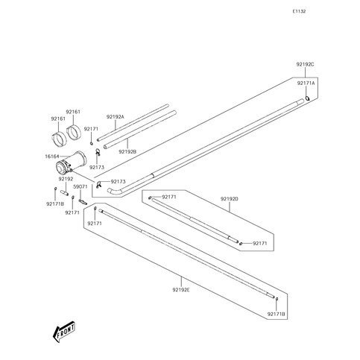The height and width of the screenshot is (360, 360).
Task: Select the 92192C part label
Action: point(305,66)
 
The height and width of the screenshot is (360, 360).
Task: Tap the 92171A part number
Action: point(306,84)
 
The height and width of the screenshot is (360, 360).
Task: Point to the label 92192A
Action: point(115,116)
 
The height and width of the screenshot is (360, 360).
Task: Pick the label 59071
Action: point(81,187)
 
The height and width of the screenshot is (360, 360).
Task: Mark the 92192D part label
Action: point(229,200)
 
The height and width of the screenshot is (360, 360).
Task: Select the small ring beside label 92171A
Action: point(308,98)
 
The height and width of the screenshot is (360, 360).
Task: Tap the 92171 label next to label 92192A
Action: point(91,128)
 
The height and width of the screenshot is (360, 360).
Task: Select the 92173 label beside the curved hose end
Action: point(119,181)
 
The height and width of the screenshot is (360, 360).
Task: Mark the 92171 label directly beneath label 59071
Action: point(72,212)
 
